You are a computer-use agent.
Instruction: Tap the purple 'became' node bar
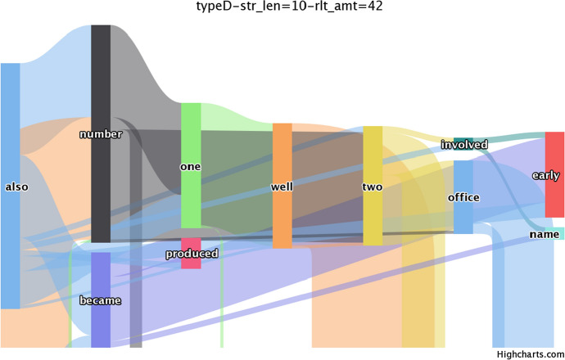click(100, 327)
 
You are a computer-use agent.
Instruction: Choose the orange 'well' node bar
click(282, 147)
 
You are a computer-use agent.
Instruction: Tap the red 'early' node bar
click(554, 155)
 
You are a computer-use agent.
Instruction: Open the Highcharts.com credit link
click(531, 353)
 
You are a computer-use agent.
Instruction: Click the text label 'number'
click(101, 134)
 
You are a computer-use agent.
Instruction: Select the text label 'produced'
click(192, 254)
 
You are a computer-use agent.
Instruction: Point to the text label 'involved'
click(464, 145)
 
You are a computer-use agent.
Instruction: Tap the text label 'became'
click(100, 301)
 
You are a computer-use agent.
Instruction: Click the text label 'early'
click(546, 176)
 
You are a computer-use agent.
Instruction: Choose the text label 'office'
click(463, 197)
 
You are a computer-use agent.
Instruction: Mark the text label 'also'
click(16, 187)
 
